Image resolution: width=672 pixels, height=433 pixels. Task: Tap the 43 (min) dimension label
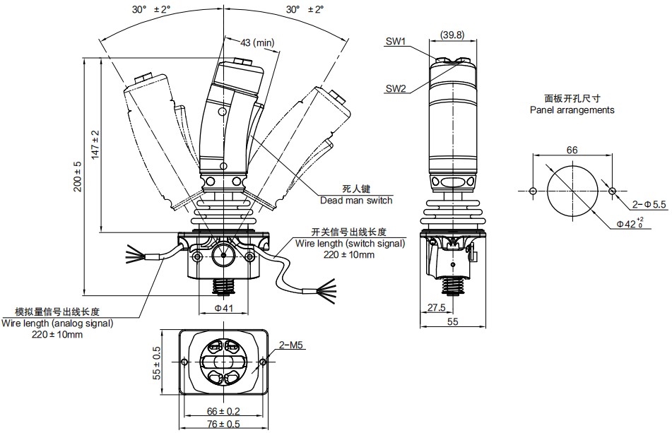[257, 43]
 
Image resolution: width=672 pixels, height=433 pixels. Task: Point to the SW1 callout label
[396, 42]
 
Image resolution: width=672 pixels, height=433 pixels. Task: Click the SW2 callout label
[396, 89]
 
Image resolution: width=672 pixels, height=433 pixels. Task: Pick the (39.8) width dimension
[452, 35]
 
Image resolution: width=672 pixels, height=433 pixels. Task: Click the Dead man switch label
[356, 200]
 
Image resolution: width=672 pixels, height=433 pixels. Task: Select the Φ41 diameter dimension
[224, 308]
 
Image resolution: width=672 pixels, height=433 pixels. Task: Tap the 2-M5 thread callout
[290, 345]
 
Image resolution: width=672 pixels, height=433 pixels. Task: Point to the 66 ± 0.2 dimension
[223, 411]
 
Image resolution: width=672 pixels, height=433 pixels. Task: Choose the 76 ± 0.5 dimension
[223, 424]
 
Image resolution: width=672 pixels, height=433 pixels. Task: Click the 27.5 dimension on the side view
[436, 308]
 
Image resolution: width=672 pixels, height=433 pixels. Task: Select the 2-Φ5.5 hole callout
[649, 204]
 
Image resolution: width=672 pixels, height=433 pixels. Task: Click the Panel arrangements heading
[572, 110]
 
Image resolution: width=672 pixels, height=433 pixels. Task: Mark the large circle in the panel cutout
[572, 191]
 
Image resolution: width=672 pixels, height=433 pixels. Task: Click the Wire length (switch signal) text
[350, 244]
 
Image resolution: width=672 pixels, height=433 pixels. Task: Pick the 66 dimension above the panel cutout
[572, 150]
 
